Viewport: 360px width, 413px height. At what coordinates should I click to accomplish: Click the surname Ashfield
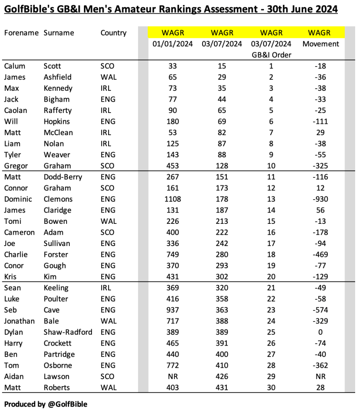[x=57, y=77]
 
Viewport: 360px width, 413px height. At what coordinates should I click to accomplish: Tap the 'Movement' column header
[x=321, y=44]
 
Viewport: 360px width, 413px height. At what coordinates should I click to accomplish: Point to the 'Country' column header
[x=113, y=33]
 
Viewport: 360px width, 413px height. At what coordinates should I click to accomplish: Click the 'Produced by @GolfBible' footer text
[x=46, y=404]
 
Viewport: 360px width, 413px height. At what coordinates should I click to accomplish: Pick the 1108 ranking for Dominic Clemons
[x=173, y=199]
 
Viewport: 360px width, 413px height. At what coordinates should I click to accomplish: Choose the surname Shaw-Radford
[x=68, y=332]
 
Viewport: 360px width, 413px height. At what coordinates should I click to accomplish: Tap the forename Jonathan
[x=19, y=321]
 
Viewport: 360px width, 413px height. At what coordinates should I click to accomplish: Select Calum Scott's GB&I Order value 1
[x=271, y=66]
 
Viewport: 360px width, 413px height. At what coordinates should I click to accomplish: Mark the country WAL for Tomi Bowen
[x=109, y=221]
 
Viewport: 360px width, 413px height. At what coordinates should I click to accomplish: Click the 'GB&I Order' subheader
[x=271, y=55]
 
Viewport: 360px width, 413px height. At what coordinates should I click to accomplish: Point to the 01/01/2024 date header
[x=173, y=44]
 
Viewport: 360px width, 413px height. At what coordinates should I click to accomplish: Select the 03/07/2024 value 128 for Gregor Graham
[x=222, y=166]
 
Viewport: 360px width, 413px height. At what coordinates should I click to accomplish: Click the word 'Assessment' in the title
[x=228, y=9]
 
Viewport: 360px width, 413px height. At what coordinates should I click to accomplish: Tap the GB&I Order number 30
[x=271, y=388]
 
